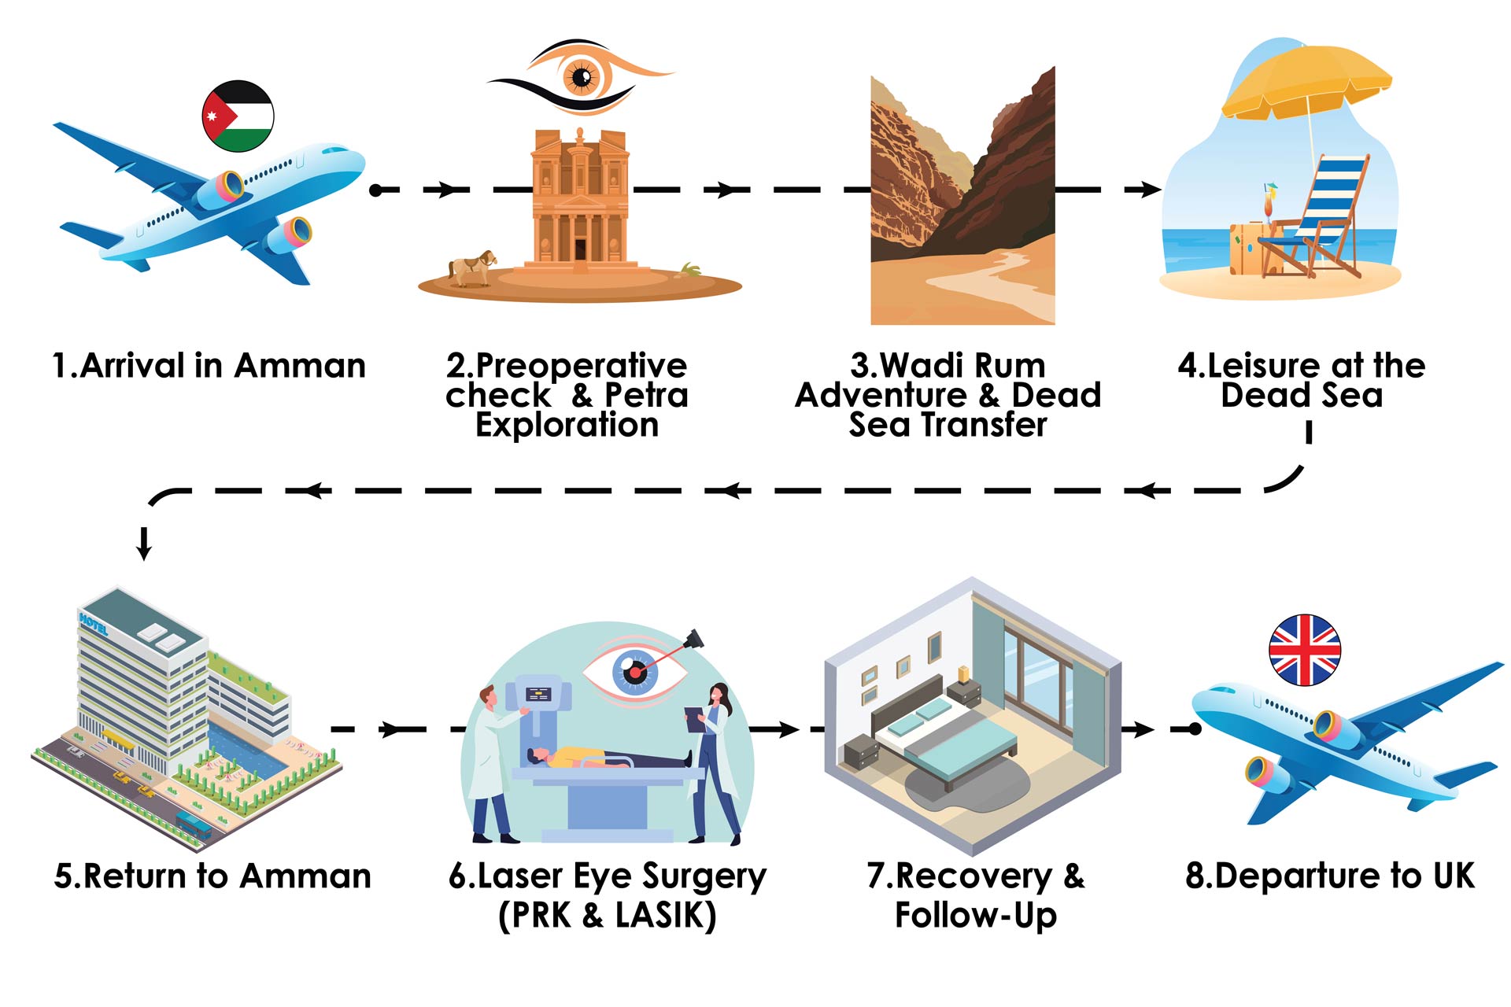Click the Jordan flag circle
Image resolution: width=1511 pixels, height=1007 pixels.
pyautogui.click(x=238, y=116)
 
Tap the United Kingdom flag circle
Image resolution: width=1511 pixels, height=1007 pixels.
pyautogui.click(x=1305, y=650)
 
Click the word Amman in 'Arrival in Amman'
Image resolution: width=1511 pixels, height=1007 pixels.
pyautogui.click(x=300, y=366)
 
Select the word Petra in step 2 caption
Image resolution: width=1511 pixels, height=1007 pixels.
pyautogui.click(x=645, y=395)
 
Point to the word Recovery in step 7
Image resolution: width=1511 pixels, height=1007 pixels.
pyautogui.click(x=973, y=876)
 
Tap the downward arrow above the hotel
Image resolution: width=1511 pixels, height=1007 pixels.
pyautogui.click(x=144, y=543)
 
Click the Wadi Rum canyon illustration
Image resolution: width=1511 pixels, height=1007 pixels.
pyautogui.click(x=962, y=197)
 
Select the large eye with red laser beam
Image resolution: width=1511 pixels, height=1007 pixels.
pyautogui.click(x=634, y=671)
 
